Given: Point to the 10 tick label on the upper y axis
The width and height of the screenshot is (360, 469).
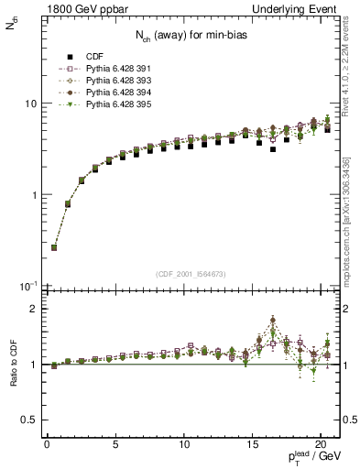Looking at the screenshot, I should click(28, 104).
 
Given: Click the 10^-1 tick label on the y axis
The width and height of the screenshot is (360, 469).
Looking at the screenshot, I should click(27, 287).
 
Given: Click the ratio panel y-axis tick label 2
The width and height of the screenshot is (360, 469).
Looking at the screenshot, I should click(33, 309).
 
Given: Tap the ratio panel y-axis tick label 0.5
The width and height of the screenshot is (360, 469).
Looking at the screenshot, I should click(29, 420).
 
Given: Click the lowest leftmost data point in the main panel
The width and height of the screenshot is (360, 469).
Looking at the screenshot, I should click(54, 247).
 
